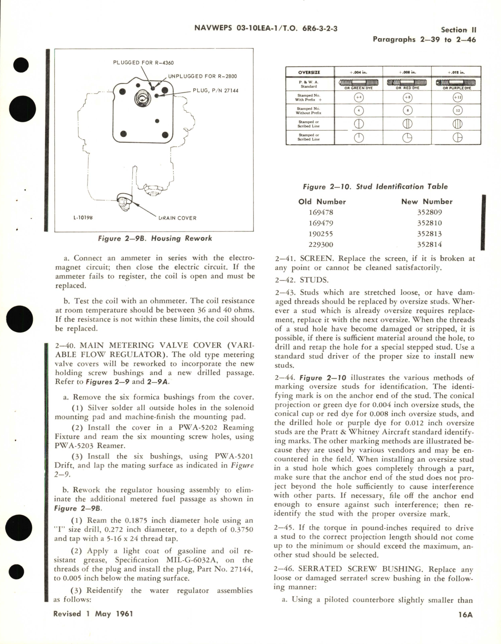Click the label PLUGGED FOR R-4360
pyautogui.click(x=143, y=63)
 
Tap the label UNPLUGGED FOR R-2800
pyautogui.click(x=202, y=76)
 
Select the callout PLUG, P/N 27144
pyautogui.click(x=215, y=91)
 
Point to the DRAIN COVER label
pyautogui.click(x=178, y=218)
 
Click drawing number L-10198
pyautogui.click(x=83, y=218)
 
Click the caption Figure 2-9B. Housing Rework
pyautogui.click(x=155, y=238)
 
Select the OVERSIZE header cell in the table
pyautogui.click(x=309, y=72)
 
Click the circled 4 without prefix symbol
pyautogui.click(x=359, y=111)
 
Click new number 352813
pyautogui.click(x=429, y=234)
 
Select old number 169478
pyautogui.click(x=321, y=212)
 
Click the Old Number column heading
pyautogui.click(x=322, y=202)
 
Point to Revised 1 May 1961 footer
pyautogui.click(x=93, y=614)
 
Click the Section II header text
pyautogui.click(x=458, y=30)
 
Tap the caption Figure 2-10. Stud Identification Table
pyautogui.click(x=375, y=186)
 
